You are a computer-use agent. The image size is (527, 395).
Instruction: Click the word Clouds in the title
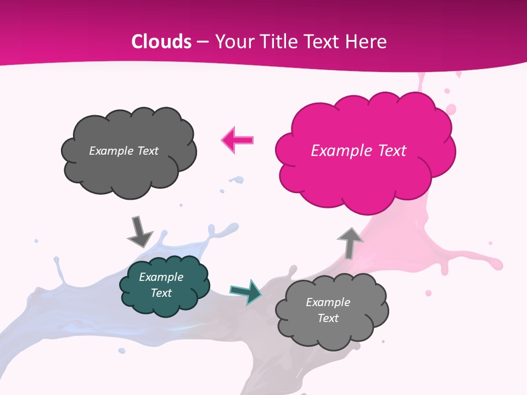pos(161,42)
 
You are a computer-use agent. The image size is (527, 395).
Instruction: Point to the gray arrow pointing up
pos(350,242)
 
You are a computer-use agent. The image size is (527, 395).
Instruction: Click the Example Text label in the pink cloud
pos(358,150)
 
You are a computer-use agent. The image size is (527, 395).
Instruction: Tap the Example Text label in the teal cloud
pos(161,285)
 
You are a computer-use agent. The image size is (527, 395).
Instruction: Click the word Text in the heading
pos(324,42)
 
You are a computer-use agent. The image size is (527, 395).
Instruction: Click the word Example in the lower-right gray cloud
pos(328,302)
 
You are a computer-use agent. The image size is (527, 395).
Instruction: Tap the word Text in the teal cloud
pos(161,293)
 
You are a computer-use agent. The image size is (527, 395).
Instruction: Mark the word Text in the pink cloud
pos(390,150)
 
